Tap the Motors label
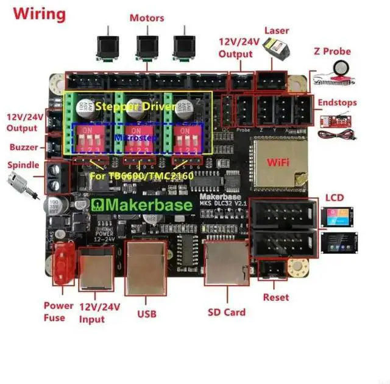146,18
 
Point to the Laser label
277,31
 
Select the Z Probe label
332,52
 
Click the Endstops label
336,103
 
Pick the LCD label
335,198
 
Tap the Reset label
276,297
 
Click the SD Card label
226,312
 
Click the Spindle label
24,165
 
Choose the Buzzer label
24,147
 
